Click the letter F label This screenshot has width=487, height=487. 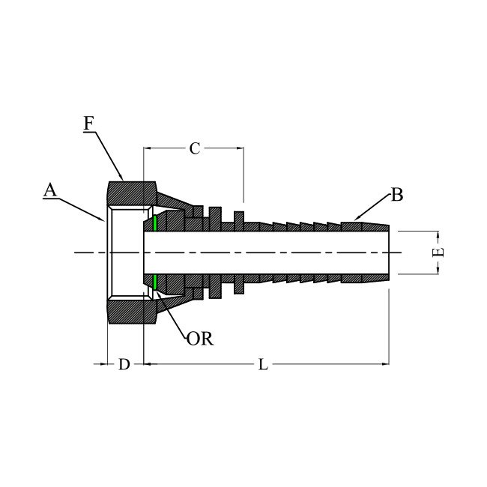pyautogui.click(x=89, y=124)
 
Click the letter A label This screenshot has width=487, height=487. pyautogui.click(x=50, y=190)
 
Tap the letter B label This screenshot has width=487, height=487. pyautogui.click(x=397, y=195)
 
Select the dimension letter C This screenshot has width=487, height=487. pyautogui.click(x=195, y=149)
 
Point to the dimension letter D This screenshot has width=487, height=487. pyautogui.click(x=124, y=364)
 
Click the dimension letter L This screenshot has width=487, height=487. pyautogui.click(x=263, y=364)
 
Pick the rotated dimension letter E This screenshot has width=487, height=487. pyautogui.click(x=438, y=252)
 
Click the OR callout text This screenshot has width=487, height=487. pyautogui.click(x=200, y=339)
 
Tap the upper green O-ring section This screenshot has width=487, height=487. pyautogui.click(x=154, y=223)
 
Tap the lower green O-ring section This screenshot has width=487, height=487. pyautogui.click(x=154, y=282)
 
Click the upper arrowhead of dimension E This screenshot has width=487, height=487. pyautogui.click(x=438, y=235)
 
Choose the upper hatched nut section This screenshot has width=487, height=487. pyautogui.click(x=132, y=193)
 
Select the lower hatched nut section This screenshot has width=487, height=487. pyautogui.click(x=132, y=312)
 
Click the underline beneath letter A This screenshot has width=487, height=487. pyautogui.click(x=50, y=198)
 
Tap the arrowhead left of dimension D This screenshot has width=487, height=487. pyautogui.click(x=103, y=363)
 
